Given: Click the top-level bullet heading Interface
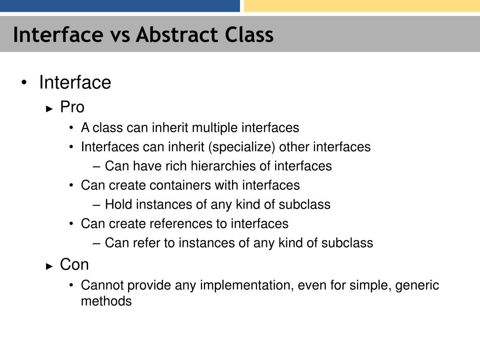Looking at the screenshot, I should point(75,82).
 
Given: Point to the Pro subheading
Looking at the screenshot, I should point(72,107).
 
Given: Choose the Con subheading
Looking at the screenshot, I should point(74,265).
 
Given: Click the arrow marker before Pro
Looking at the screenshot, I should point(50,108).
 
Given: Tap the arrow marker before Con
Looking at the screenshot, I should point(50,266).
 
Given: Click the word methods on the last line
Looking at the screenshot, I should point(106,301).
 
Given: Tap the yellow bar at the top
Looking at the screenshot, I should point(361,6).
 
